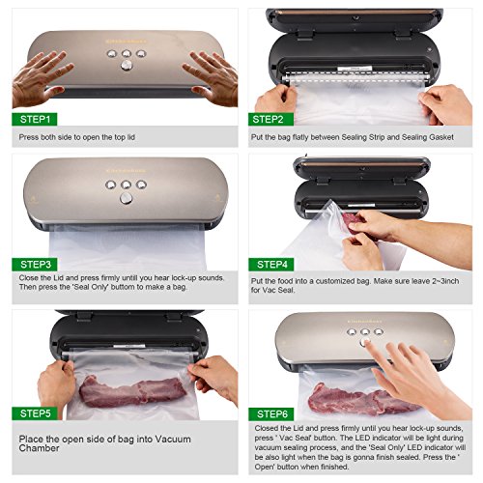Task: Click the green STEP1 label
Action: (37, 119)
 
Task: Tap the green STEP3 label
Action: (37, 263)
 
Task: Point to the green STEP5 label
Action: (37, 413)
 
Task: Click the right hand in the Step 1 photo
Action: (213, 75)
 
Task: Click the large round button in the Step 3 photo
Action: (125, 197)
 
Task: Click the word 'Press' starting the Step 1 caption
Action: (30, 138)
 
